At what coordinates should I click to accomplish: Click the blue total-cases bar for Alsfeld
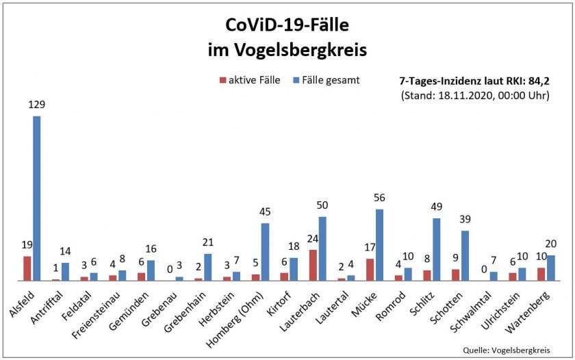[x=37, y=198]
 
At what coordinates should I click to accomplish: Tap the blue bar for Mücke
[x=379, y=245]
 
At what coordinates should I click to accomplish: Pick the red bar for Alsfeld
[x=27, y=269]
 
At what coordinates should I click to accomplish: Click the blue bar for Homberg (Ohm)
[x=265, y=252]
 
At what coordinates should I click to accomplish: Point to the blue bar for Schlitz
[x=436, y=250]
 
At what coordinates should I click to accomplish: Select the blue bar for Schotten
[x=465, y=256]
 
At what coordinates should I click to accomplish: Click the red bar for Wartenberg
[x=541, y=274]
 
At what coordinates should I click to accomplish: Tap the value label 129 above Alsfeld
[x=37, y=105]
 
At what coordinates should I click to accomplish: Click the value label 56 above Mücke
[x=379, y=198]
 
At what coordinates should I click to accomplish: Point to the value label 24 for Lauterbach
[x=312, y=239]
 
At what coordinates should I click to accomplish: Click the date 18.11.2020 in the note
[x=463, y=95]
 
